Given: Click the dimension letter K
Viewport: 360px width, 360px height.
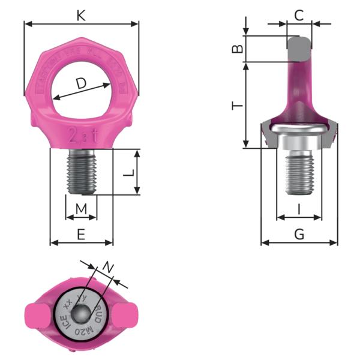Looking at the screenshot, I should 81,15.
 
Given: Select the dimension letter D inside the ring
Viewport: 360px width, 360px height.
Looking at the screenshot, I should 80,86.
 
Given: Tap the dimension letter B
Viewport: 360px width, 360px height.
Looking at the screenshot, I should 238,49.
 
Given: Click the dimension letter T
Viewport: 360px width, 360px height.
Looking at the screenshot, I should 238,106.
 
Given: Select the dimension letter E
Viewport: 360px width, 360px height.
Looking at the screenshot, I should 81,235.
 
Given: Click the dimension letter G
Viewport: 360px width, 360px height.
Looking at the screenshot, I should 299,235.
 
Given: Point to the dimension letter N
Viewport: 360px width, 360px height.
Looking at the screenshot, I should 107,267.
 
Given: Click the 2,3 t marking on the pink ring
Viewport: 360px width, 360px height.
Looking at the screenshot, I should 81,133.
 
